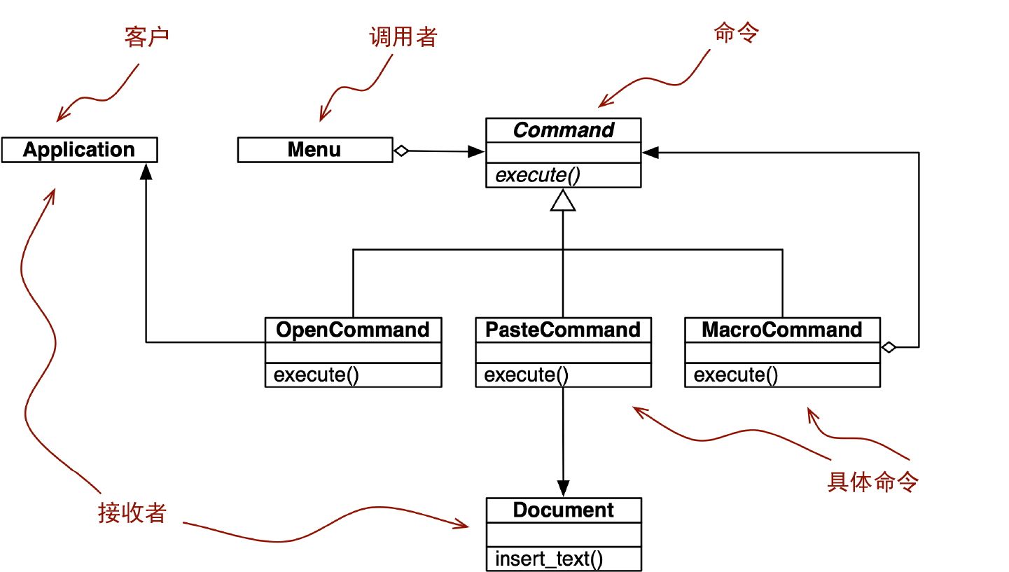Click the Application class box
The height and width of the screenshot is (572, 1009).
coord(79,150)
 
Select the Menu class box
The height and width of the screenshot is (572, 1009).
coord(314,150)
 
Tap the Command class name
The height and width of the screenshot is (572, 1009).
coord(563,130)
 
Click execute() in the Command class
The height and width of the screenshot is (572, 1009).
coord(538,176)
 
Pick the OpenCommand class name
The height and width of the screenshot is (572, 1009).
coord(353,330)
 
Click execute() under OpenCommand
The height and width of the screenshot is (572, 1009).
coord(316,375)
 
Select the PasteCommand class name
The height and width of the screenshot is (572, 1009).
coord(563,330)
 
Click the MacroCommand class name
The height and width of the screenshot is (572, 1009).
coord(782,330)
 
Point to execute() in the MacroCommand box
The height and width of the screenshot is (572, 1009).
coord(736,375)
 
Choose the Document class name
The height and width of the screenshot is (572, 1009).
coord(564,510)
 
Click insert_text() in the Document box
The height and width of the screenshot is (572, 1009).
coord(549,559)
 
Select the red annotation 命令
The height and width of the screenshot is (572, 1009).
coord(735,33)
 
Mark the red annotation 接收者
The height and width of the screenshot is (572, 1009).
coord(132,513)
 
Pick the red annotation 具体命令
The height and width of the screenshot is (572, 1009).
coord(872,482)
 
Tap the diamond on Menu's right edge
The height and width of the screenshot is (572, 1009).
coord(401,150)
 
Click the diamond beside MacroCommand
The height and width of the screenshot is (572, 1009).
coord(888,347)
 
